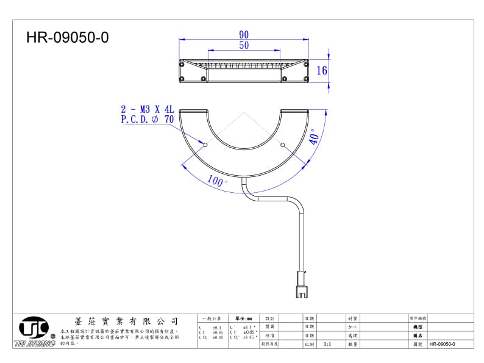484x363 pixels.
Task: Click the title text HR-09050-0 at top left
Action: point(67,38)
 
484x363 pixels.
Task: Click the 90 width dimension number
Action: point(244,35)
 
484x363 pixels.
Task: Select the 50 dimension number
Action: point(244,45)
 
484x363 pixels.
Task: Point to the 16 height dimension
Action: point(321,70)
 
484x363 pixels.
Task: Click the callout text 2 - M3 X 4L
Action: point(148,110)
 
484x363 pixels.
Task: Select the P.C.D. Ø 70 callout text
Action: point(147,120)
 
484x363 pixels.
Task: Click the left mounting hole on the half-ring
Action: point(205,145)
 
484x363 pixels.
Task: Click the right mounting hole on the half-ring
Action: point(282,145)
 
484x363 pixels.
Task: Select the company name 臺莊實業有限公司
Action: point(126,321)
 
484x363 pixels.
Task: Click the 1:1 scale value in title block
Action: point(327,344)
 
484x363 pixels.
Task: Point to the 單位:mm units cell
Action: point(243,318)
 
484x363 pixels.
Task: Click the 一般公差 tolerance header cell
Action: point(212,318)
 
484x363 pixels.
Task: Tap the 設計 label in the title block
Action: point(269,318)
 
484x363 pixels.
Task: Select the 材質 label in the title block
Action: point(352,318)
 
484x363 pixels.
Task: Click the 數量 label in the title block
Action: point(352,344)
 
